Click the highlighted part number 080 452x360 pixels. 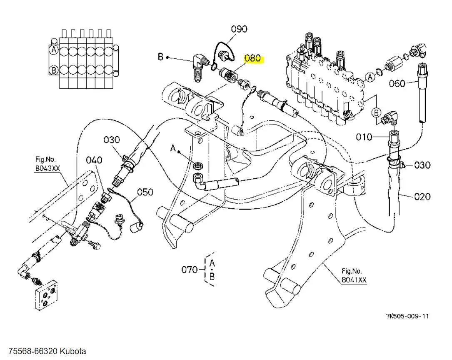(x=252, y=58)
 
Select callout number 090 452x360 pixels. (x=239, y=29)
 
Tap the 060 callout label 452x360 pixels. (x=397, y=83)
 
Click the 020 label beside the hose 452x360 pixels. (x=422, y=196)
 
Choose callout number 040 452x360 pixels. (x=94, y=160)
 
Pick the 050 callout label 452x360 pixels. (x=145, y=192)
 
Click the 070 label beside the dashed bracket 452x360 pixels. (x=190, y=270)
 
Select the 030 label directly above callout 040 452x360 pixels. (x=112, y=140)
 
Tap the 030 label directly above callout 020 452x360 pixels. (x=422, y=165)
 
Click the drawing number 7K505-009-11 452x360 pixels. (x=407, y=316)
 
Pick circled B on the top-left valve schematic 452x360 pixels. (x=53, y=70)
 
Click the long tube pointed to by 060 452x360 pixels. (x=422, y=100)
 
